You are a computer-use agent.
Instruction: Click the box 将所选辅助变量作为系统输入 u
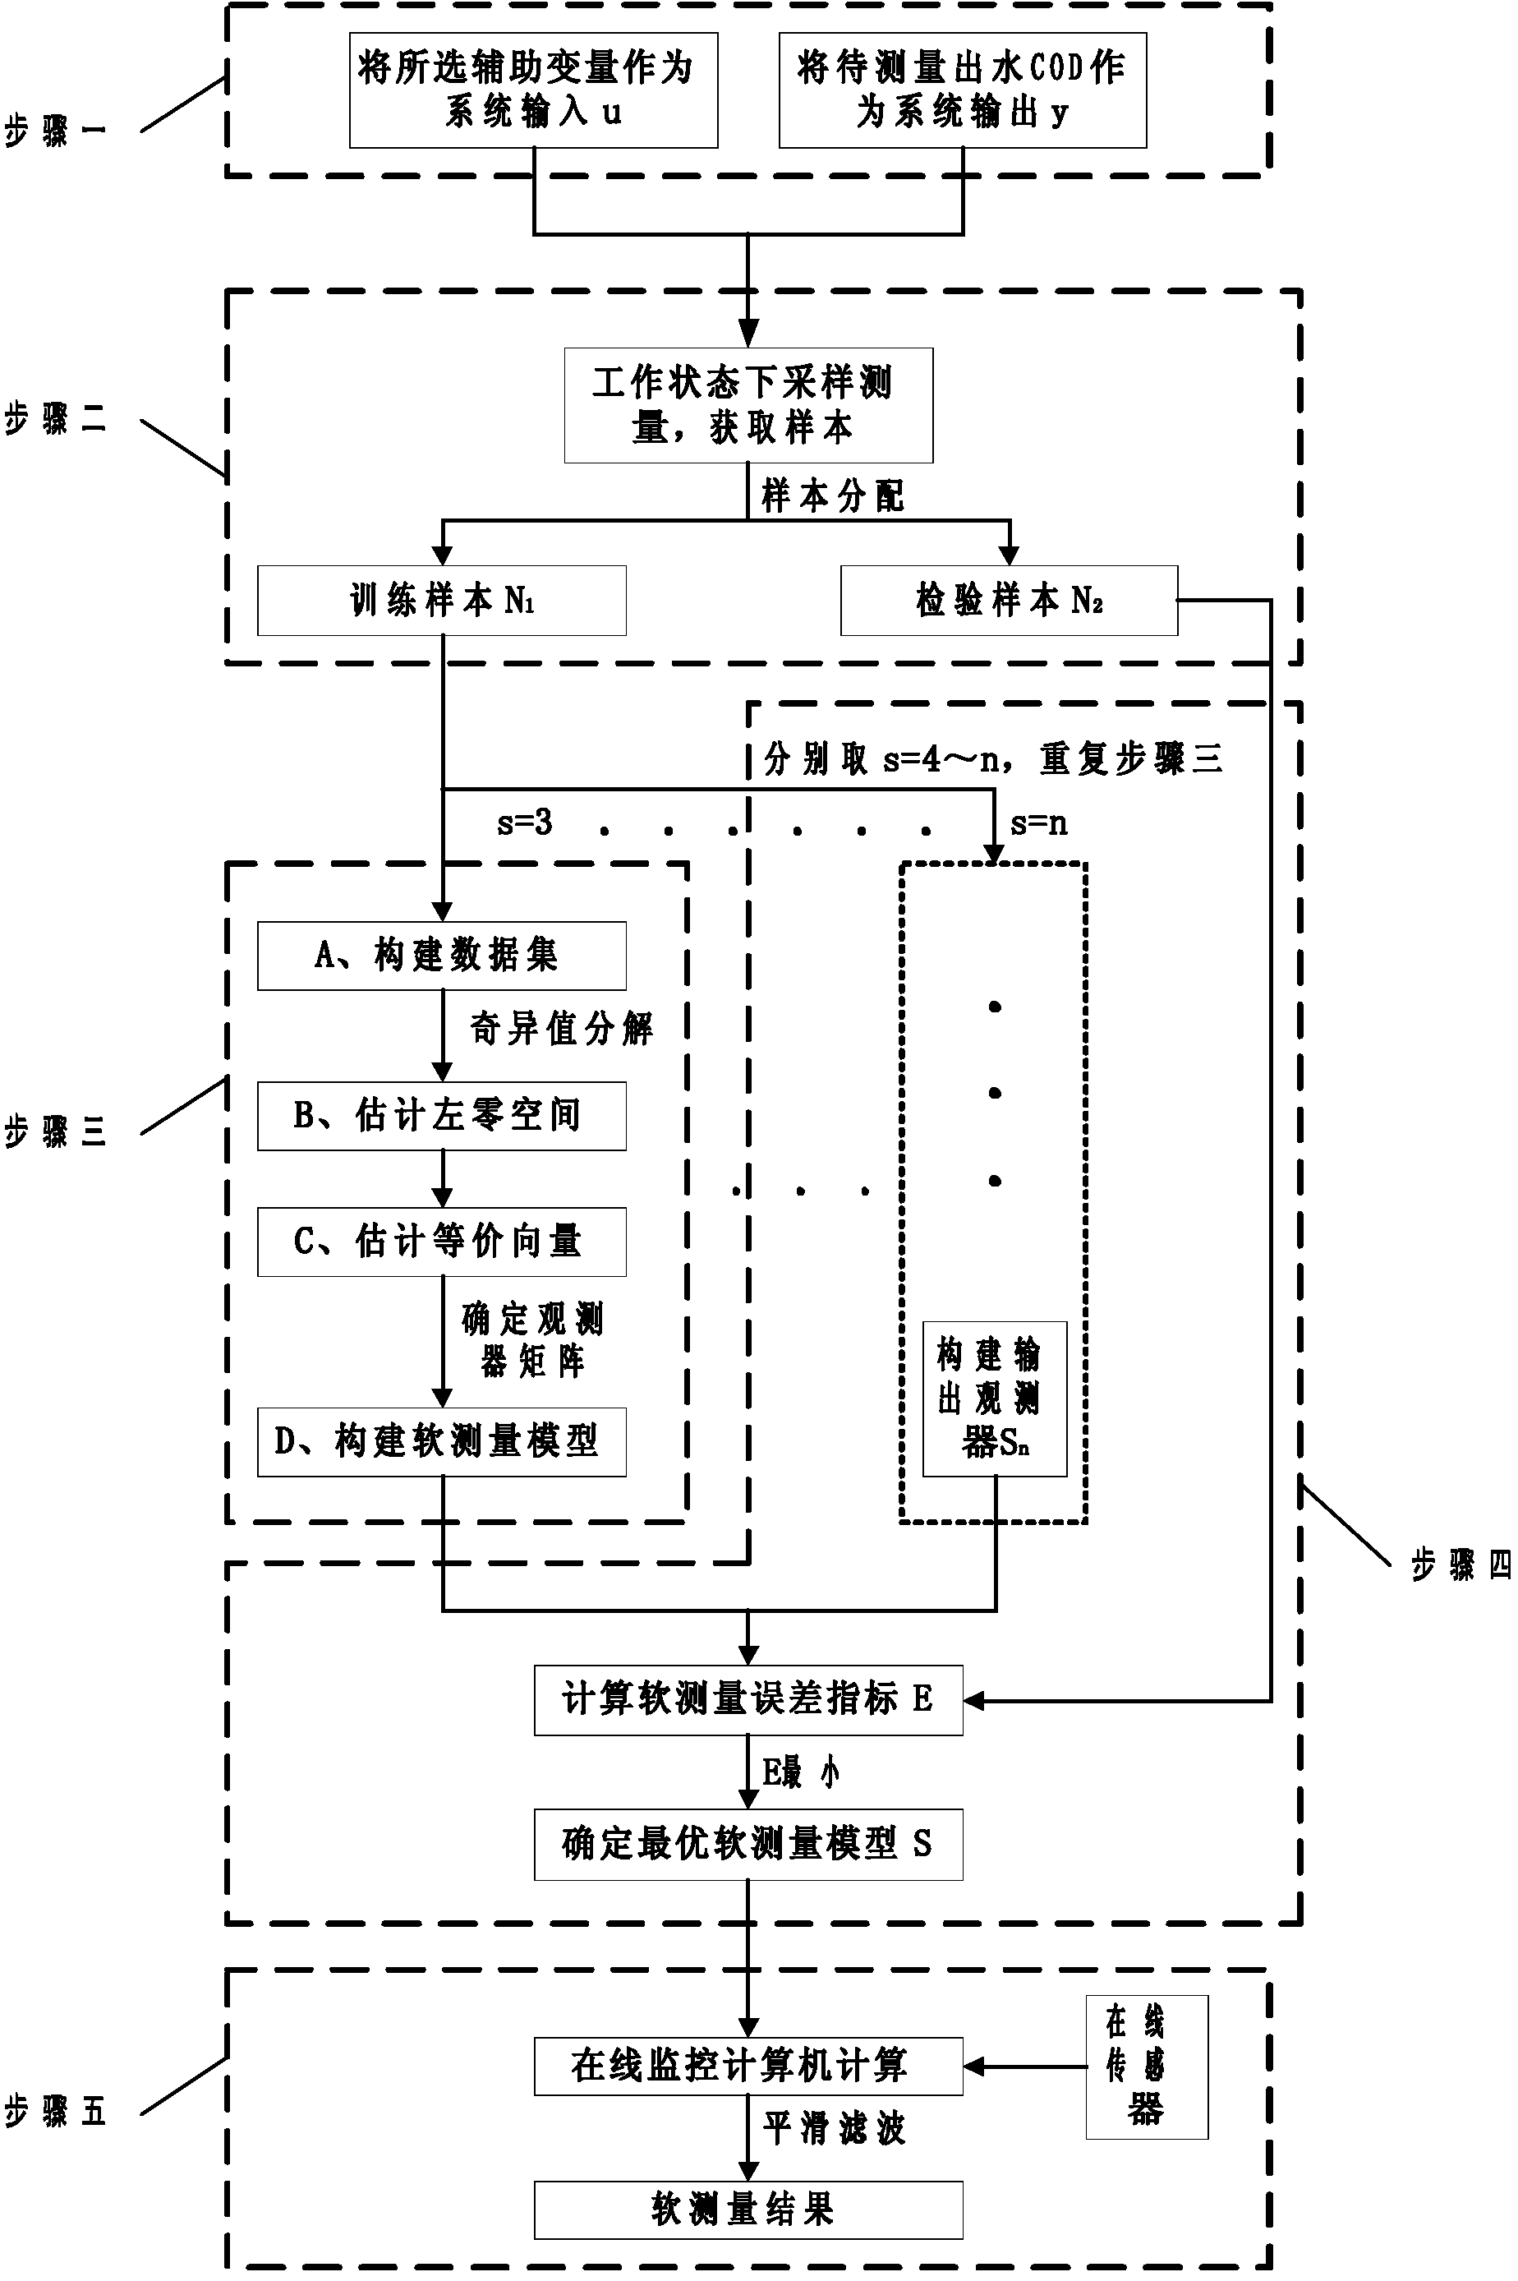tap(533, 90)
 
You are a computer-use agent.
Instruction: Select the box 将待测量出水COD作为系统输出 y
tap(963, 90)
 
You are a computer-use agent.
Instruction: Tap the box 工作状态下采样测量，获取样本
tap(748, 405)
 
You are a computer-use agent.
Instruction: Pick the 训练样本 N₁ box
tap(441, 601)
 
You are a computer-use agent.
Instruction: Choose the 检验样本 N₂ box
tap(1009, 601)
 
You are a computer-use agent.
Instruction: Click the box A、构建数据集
tap(441, 956)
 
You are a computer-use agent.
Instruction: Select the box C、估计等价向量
tap(441, 1242)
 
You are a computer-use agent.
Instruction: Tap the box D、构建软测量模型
tap(441, 1441)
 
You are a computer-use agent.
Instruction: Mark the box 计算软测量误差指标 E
tap(748, 1700)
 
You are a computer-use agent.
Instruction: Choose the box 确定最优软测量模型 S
tap(748, 1845)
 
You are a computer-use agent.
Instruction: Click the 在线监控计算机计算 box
tap(748, 2066)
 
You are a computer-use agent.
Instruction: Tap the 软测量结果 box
tap(748, 2210)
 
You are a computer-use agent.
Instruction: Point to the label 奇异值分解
tap(562, 1028)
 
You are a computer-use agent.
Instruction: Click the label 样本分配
tap(833, 495)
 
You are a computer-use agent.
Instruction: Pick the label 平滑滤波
tap(833, 2128)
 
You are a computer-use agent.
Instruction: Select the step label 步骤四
tap(1460, 1564)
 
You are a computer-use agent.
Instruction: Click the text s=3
tap(524, 823)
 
